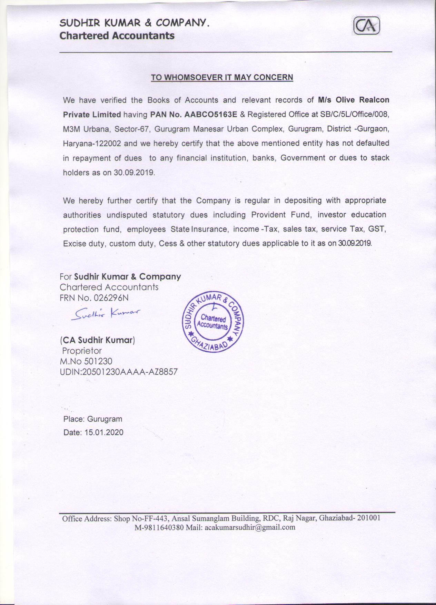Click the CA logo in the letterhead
click(x=367, y=26)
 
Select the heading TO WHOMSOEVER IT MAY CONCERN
click(x=222, y=77)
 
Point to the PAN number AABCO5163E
click(x=210, y=114)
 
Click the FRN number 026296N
click(x=109, y=297)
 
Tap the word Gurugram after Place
click(x=105, y=419)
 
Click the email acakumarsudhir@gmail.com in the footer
click(x=250, y=527)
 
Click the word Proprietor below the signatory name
click(x=82, y=351)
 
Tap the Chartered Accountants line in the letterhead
click(x=117, y=36)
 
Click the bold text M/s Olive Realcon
click(x=354, y=100)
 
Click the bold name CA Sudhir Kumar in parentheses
click(x=97, y=340)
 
